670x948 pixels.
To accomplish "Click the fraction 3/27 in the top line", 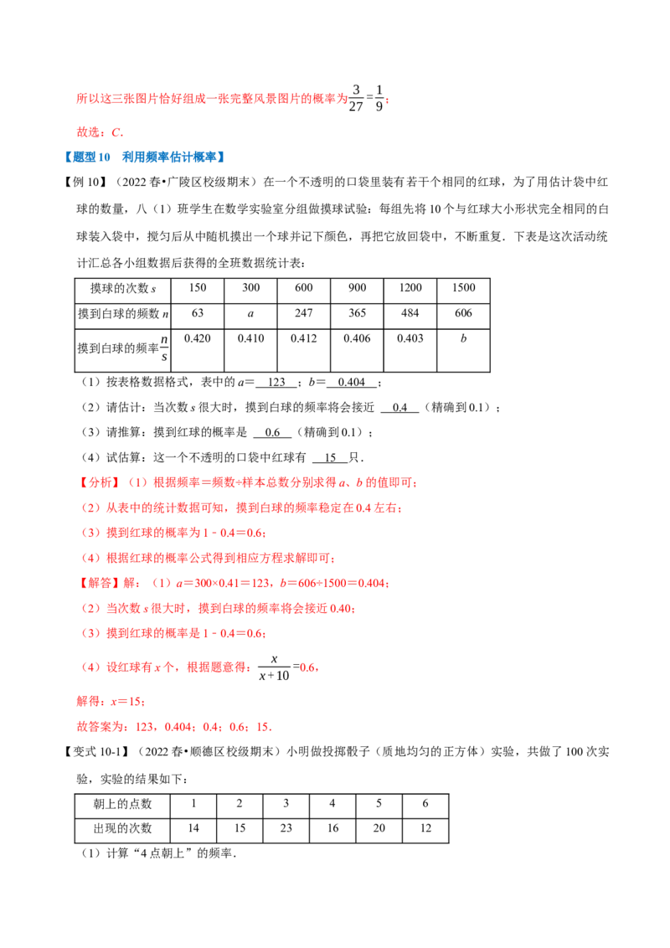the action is click(x=356, y=98).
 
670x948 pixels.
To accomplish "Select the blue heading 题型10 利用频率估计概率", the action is click(x=145, y=157).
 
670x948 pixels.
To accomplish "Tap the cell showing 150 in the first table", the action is click(x=198, y=288).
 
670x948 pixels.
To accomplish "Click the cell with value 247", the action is click(x=303, y=313).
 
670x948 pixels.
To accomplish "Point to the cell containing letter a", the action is click(x=251, y=313).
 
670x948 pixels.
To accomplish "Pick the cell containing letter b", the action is click(x=463, y=338).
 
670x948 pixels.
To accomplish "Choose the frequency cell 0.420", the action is click(x=198, y=338).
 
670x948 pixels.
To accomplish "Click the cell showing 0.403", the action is click(x=410, y=338).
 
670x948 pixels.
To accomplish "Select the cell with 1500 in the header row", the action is click(x=463, y=288).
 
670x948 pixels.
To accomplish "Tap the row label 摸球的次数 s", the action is click(x=123, y=288).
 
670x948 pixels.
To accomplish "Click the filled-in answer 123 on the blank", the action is click(x=276, y=382).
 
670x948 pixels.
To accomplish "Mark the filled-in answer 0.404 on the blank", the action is click(x=351, y=382).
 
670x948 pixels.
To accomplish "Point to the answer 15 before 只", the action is click(x=330, y=458).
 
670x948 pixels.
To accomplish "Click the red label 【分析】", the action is click(x=97, y=482).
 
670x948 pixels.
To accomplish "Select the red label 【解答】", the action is click(x=97, y=583).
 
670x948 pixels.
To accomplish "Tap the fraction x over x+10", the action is click(x=275, y=667).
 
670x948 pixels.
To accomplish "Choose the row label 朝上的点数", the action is click(x=123, y=803).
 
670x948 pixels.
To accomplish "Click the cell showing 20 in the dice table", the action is click(x=379, y=828).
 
